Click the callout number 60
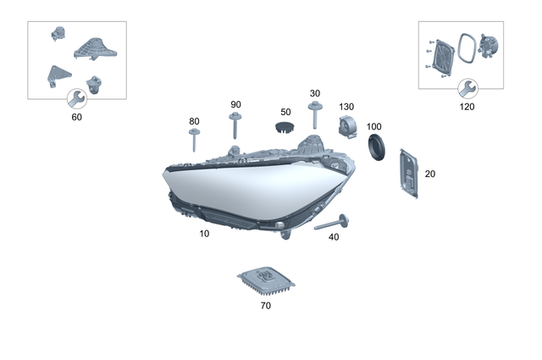(77, 117)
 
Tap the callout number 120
(467, 107)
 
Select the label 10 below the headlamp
(204, 232)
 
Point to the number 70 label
(265, 305)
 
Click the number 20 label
(429, 174)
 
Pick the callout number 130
(346, 107)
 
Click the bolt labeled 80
(194, 141)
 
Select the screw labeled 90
(234, 127)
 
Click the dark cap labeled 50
(284, 127)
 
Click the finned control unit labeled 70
(264, 279)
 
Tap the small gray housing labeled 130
(347, 128)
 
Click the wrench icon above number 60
(75, 97)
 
